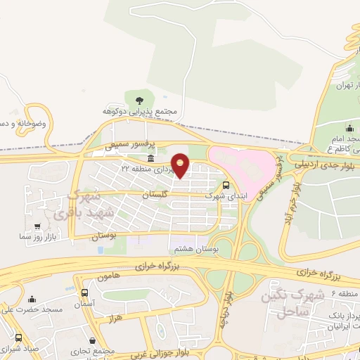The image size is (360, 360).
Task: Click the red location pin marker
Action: pos(181,165)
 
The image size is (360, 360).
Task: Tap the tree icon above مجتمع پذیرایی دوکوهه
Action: pos(139,99)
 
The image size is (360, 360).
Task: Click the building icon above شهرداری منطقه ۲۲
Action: pos(151,159)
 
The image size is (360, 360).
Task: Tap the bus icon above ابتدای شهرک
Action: pos(226,186)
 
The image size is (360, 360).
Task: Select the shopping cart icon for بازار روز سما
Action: pos(37,226)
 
